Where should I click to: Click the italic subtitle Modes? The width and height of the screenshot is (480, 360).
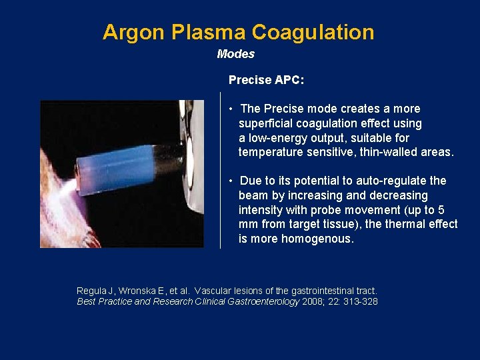[235, 54]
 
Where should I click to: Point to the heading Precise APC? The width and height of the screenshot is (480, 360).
[266, 80]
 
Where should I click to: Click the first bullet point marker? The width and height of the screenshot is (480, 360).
[229, 109]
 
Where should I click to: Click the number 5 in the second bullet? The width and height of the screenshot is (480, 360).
[441, 210]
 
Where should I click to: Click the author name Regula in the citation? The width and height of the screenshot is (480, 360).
[92, 291]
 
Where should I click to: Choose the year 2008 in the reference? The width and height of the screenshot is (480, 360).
[313, 301]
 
